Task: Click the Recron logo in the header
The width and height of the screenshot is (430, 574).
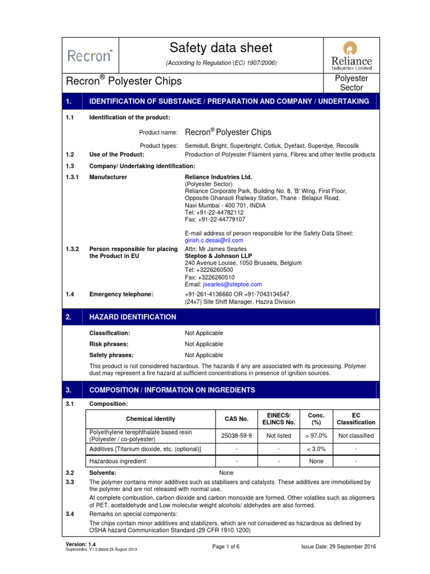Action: (x=90, y=55)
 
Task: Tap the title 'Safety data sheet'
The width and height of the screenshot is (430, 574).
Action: (x=221, y=48)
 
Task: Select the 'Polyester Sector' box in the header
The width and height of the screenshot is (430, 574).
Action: (x=351, y=83)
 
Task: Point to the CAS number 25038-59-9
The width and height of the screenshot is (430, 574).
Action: (x=237, y=436)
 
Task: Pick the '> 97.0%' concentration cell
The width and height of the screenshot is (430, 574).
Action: (x=317, y=436)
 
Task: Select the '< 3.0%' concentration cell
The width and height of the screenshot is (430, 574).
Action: (x=317, y=449)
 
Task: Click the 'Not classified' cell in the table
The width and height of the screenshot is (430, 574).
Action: (x=356, y=436)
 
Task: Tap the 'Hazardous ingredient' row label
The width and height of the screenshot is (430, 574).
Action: (x=118, y=461)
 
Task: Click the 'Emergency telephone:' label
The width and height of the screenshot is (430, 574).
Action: (x=121, y=294)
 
